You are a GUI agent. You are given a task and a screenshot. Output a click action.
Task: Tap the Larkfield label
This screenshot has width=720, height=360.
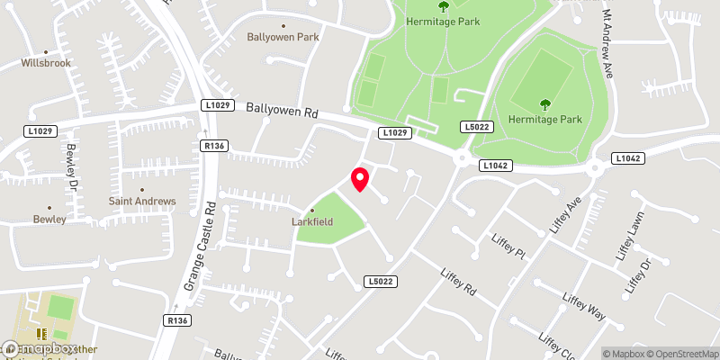[312, 220]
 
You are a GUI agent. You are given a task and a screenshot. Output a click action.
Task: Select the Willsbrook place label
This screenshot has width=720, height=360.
[47, 64]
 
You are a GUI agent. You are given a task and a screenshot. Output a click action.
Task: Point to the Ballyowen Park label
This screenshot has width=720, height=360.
[283, 37]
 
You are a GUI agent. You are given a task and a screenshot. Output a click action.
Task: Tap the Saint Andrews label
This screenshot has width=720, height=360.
[142, 201]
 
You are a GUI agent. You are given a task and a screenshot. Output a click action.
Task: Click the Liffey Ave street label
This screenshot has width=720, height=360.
[563, 216]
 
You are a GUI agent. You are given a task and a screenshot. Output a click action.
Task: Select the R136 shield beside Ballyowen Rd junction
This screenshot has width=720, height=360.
[213, 146]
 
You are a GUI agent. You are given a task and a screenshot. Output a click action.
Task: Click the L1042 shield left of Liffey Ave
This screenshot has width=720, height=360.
[496, 166]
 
